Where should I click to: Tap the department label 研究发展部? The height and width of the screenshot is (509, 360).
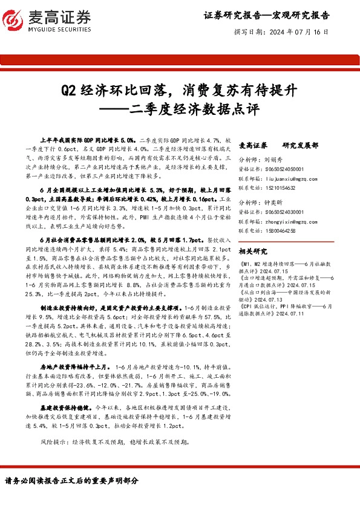tap(299, 146)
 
